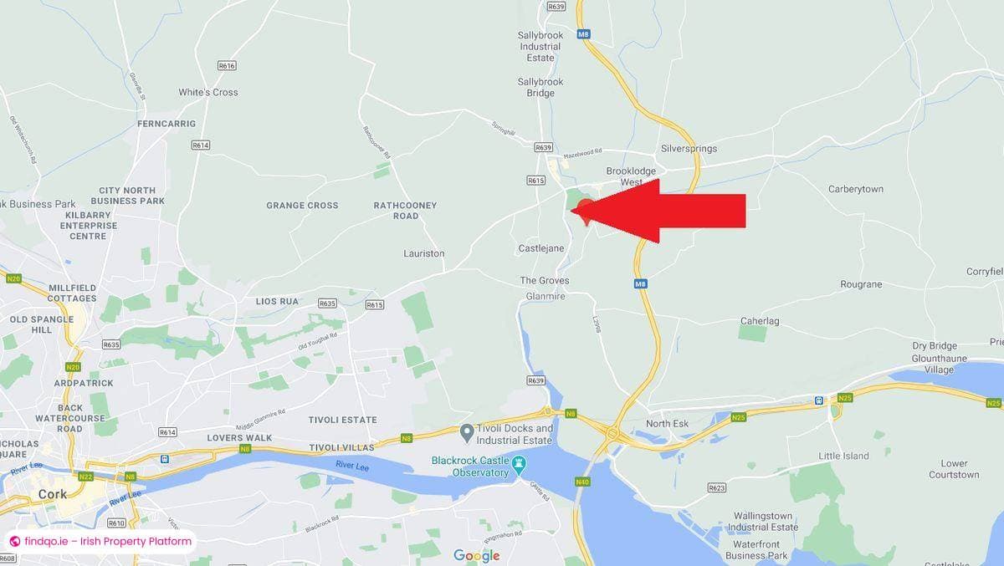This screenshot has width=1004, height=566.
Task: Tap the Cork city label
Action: coord(52,494)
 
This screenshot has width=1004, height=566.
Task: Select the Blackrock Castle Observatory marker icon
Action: coord(519,461)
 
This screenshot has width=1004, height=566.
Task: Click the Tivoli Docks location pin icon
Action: coord(467,432)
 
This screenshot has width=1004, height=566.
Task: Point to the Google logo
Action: coord(477,555)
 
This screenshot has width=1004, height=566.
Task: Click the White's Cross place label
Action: coord(207,92)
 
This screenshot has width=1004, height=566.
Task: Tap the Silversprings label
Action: coord(689,149)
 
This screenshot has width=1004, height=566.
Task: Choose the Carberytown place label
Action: coord(855,189)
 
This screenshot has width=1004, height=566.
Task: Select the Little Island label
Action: coord(843,456)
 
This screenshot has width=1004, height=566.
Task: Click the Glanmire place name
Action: coord(546,296)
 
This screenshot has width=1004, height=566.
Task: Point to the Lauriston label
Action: coord(423,253)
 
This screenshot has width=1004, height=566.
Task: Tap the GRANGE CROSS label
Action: coord(302,205)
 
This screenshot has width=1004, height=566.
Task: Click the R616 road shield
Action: coord(227,65)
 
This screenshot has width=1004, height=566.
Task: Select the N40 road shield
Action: coord(582,482)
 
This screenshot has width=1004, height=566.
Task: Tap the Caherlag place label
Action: coord(760,321)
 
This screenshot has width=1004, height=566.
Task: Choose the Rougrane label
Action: coord(861,284)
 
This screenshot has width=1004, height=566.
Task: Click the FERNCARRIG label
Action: coord(166,124)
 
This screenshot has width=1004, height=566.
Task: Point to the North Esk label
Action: coord(667,424)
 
